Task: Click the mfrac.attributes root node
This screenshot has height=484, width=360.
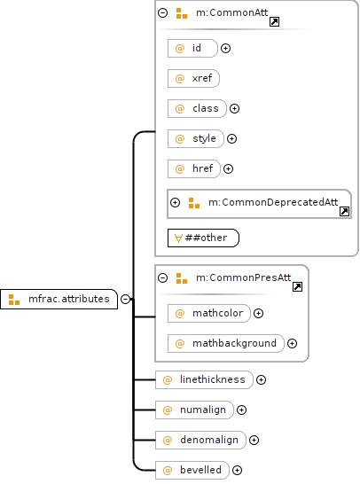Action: pos(59,299)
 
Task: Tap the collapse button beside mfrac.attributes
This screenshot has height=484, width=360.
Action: pos(125,299)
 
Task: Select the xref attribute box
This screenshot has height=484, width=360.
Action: pos(193,78)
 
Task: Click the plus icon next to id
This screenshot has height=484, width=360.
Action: pos(226,48)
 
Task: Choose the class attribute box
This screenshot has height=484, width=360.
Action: pos(197,108)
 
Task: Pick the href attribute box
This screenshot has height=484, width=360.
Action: pos(194,168)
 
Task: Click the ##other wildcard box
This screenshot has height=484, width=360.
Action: pos(203,238)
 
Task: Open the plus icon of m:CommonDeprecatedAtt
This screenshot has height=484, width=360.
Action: pos(175,202)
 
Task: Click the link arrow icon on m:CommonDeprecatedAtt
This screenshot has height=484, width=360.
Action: pos(344,212)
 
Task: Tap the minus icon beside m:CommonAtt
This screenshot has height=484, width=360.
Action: pos(163,12)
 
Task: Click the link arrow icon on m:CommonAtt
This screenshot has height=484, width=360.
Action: pos(275,22)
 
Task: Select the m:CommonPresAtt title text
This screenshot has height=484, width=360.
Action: pos(243,277)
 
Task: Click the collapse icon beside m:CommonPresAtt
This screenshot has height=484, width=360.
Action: pos(163,277)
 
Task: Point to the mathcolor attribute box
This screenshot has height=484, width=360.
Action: pos(209,313)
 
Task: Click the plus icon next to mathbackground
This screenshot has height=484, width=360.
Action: pos(292,343)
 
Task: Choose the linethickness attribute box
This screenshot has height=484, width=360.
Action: pos(204,379)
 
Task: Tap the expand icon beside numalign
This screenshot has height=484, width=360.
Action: pos(241,410)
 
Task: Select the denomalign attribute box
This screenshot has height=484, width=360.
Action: pos(200,440)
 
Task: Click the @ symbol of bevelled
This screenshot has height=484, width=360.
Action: pos(167,470)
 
